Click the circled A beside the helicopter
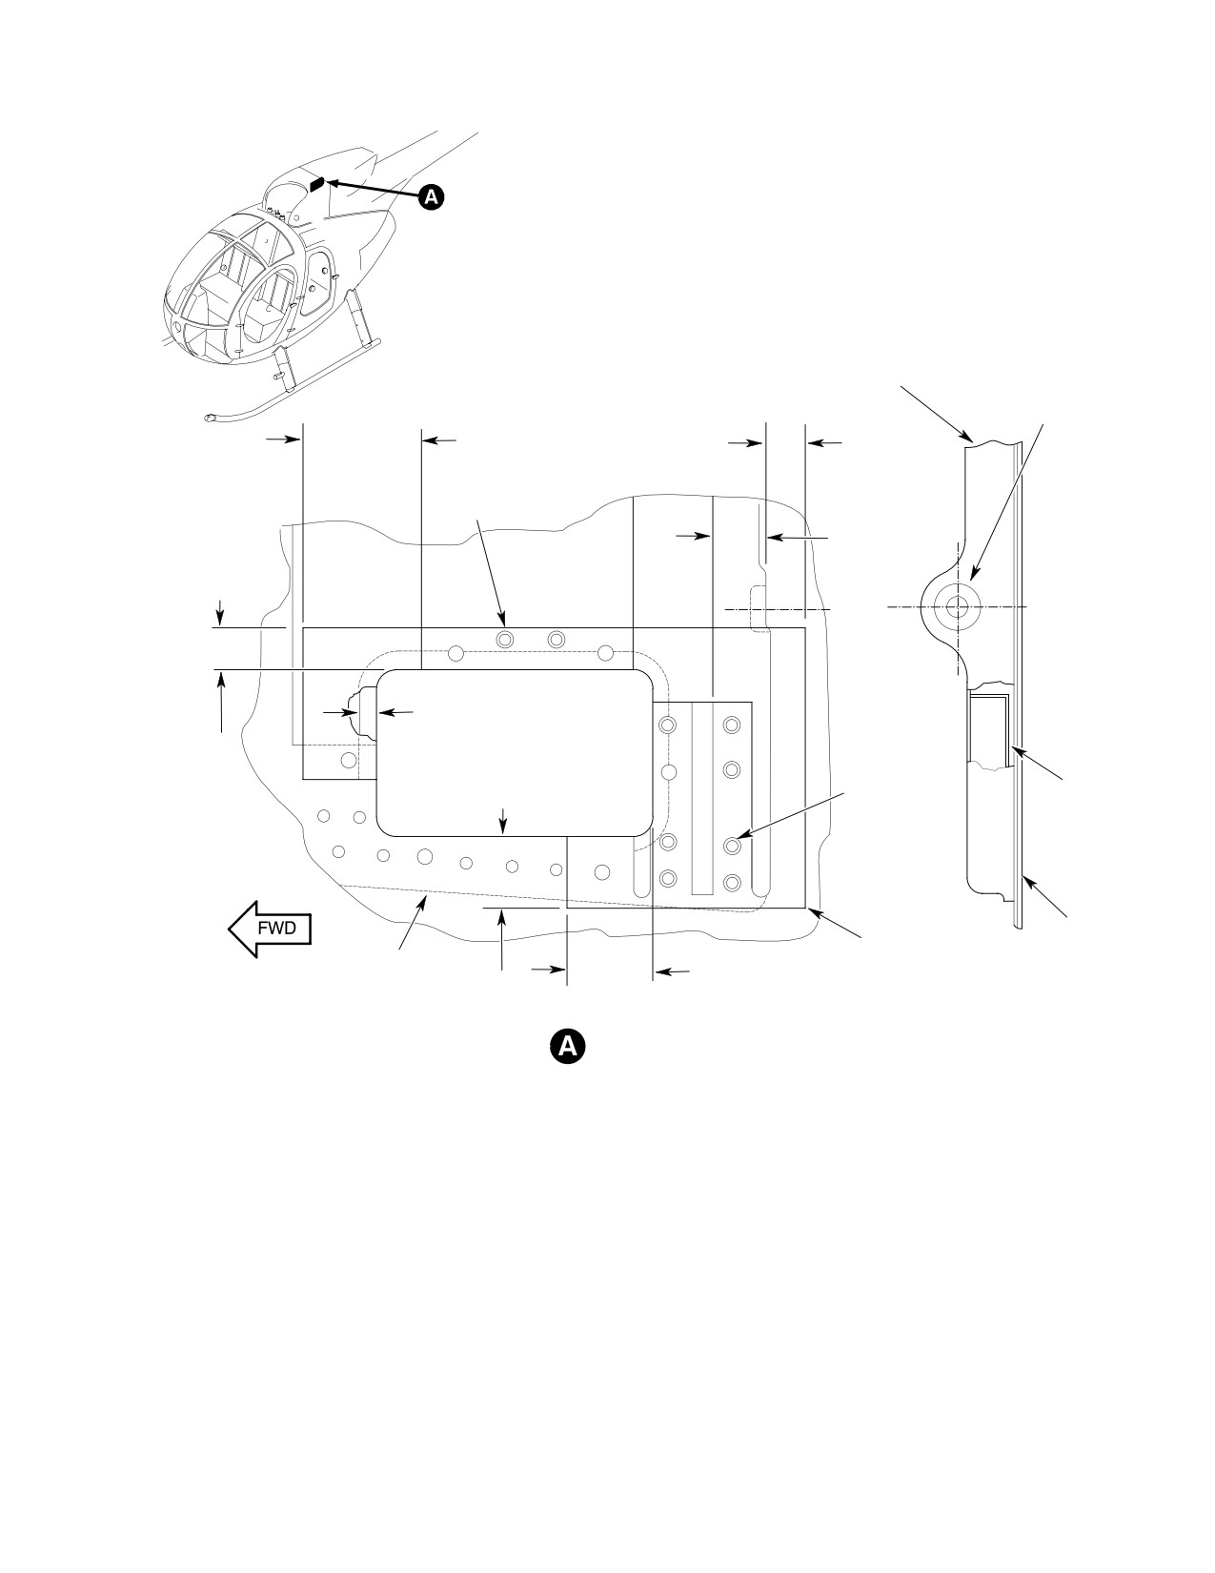(432, 197)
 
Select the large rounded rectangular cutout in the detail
(515, 753)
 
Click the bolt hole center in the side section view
(958, 606)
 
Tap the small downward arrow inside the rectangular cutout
(504, 823)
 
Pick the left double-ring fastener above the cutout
(505, 639)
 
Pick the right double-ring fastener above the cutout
(556, 639)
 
